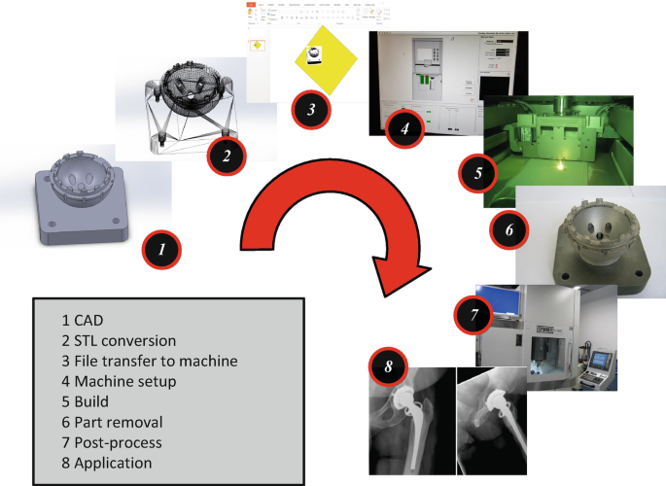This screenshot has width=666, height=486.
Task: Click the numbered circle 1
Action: (x=163, y=249)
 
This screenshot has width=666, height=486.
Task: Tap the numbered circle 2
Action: (x=226, y=154)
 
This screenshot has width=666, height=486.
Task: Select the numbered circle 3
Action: (x=309, y=109)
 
